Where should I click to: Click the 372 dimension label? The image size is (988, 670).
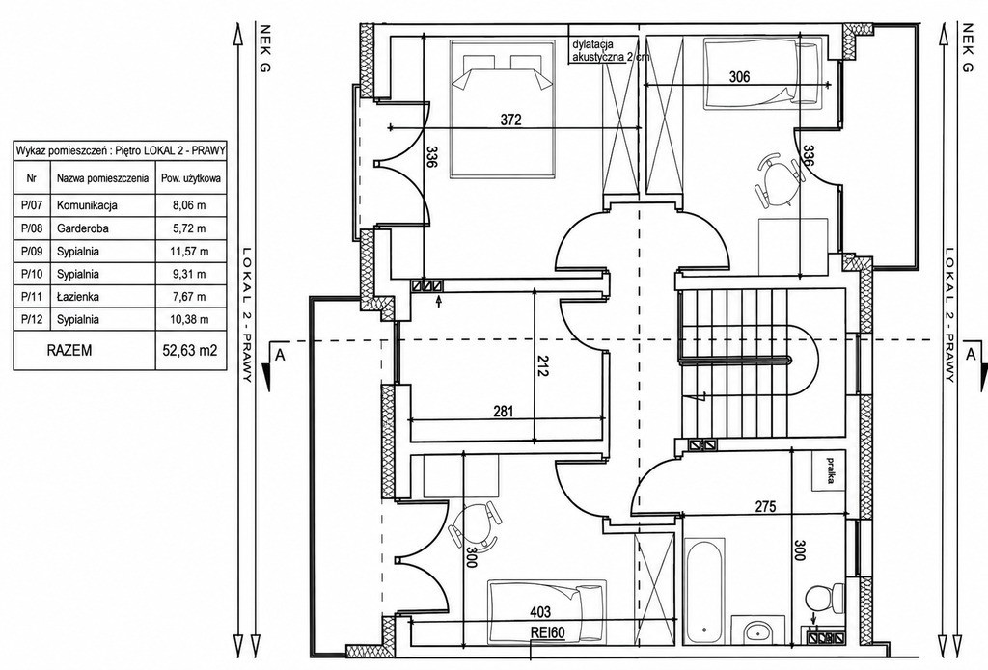click(511, 120)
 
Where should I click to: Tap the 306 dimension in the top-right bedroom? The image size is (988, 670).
click(739, 77)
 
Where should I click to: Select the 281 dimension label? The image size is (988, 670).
click(504, 412)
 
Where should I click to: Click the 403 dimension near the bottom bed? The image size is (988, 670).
click(540, 612)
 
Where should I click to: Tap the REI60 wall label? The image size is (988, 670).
click(548, 632)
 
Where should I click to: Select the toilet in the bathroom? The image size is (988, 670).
click(826, 598)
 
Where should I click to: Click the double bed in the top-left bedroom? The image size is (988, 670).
click(502, 108)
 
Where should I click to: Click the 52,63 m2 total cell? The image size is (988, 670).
click(190, 350)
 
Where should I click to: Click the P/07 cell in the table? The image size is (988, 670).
click(32, 205)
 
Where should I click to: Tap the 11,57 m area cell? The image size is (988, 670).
click(190, 251)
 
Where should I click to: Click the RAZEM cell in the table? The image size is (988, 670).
click(69, 350)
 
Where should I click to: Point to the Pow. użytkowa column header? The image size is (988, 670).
click(190, 178)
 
